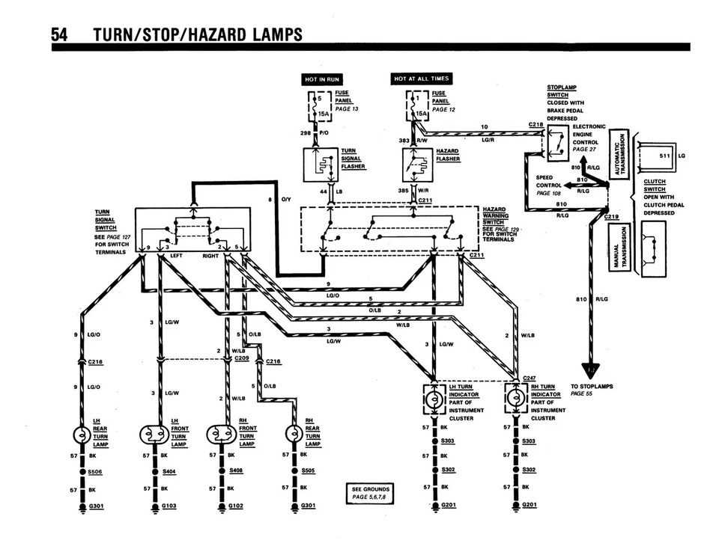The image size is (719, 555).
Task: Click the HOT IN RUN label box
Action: pos(321,79)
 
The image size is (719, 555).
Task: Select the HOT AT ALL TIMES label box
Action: pos(421,79)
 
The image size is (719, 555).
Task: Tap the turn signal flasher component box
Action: pos(321,165)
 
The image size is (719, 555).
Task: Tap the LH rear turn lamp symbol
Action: pos(80,435)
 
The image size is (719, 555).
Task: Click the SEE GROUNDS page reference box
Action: pos(371,493)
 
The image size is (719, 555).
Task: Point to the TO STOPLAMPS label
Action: pos(592,387)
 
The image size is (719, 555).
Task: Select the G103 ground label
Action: pos(171,506)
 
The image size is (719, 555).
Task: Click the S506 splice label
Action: pos(95,472)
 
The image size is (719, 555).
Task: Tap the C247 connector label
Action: pos(530,378)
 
